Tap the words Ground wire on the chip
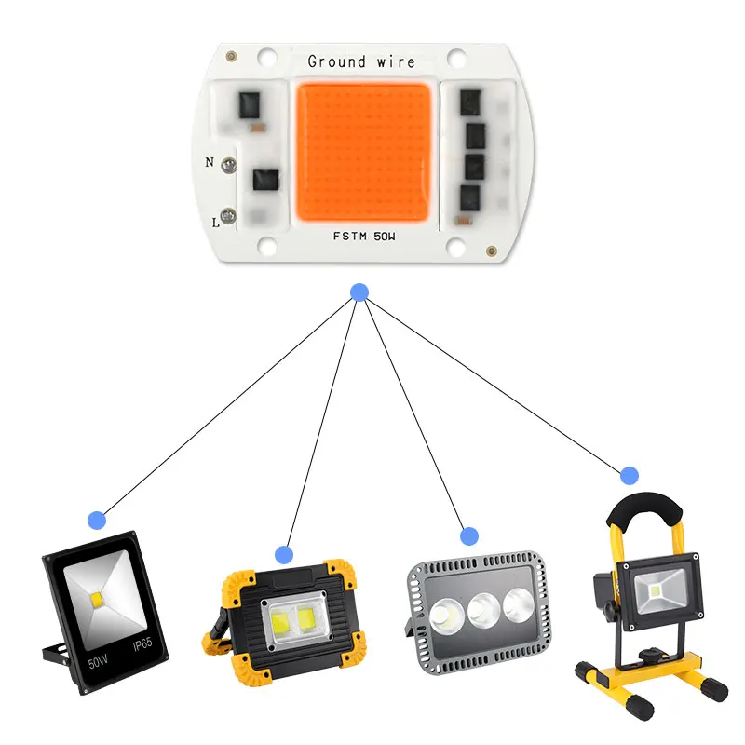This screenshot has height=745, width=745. pyautogui.click(x=360, y=62)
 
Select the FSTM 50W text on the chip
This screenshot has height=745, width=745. pyautogui.click(x=364, y=237)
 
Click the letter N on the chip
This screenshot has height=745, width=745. pyautogui.click(x=210, y=162)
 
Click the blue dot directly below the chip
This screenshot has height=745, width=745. pyautogui.click(x=359, y=292)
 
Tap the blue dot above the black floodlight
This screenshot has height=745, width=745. pyautogui.click(x=96, y=520)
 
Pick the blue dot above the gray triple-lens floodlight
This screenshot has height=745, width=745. pyautogui.click(x=469, y=535)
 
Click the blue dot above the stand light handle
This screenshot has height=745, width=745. pyautogui.click(x=630, y=475)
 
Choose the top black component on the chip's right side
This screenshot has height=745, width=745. pyautogui.click(x=475, y=102)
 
